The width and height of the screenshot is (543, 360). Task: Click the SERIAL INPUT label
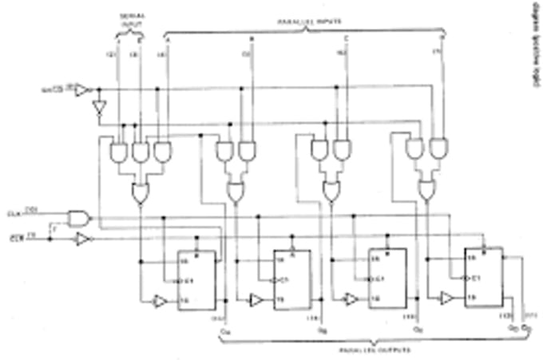(132, 19)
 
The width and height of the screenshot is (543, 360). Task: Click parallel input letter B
(252, 38)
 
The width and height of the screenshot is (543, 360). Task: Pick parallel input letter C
(346, 38)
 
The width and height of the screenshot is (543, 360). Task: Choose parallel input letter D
(442, 38)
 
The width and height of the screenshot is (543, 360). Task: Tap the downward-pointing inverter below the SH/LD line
(99, 108)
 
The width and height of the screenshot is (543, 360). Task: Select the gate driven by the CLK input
(79, 217)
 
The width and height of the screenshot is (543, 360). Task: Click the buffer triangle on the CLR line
(83, 239)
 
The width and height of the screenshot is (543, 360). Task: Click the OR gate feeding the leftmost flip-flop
(141, 192)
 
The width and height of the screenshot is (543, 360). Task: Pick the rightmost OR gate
(427, 189)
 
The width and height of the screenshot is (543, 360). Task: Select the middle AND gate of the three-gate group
(141, 152)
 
